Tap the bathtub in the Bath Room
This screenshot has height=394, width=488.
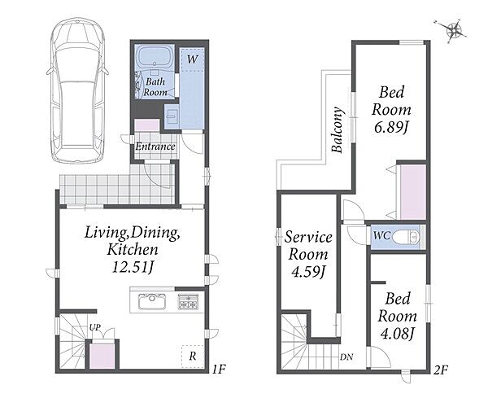[155, 56]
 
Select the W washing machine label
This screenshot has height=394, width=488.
[192, 59]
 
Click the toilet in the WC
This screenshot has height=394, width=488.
[406, 238]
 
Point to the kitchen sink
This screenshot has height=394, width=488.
[152, 301]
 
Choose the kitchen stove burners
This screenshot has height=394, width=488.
[188, 301]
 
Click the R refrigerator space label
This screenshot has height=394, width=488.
[193, 356]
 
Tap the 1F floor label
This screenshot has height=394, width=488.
[219, 370]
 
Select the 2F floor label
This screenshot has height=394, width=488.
[441, 370]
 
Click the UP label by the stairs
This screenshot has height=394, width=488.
[95, 327]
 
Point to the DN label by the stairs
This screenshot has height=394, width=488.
[346, 357]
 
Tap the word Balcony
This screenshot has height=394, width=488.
[338, 129]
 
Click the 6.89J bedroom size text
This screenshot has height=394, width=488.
[391, 128]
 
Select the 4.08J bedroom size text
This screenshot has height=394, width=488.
[398, 335]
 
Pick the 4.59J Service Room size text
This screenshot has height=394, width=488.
[308, 272]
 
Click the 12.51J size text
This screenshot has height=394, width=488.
[133, 267]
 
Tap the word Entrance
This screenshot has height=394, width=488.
[155, 147]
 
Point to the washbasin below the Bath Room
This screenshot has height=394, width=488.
[171, 116]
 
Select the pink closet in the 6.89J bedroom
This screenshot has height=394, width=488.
[413, 192]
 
